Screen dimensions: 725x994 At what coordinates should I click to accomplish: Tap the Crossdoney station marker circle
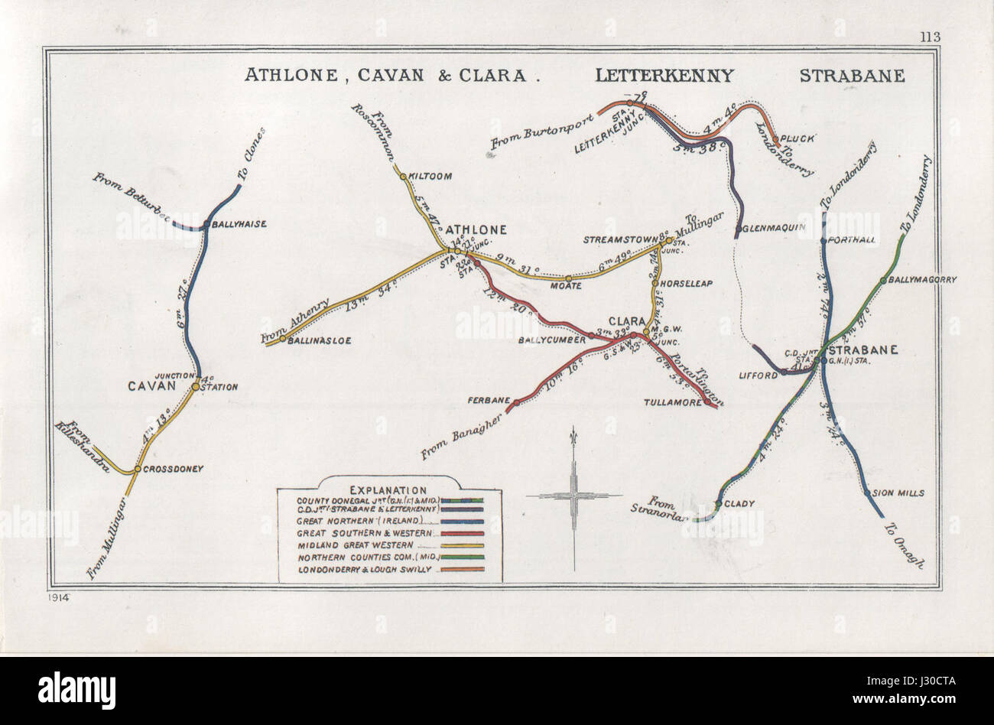coord(136,469)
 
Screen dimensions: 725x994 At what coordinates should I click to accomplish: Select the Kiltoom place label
coord(431,176)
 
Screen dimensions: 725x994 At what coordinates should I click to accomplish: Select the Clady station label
coord(740,503)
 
